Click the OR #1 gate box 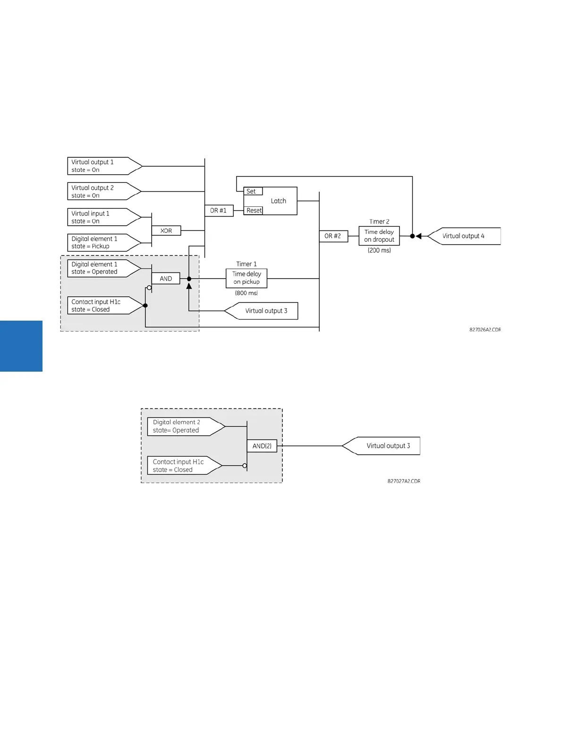coord(219,211)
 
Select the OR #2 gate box coord(333,236)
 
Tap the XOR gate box coord(166,231)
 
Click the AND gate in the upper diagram coord(166,279)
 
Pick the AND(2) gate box coord(262,446)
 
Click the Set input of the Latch coord(253,191)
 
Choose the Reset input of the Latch coord(254,211)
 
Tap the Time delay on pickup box coord(246,278)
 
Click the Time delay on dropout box coord(379,236)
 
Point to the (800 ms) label coord(246,293)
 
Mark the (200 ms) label coord(379,251)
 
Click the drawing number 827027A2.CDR coord(404,481)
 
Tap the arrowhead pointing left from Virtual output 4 coord(418,236)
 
